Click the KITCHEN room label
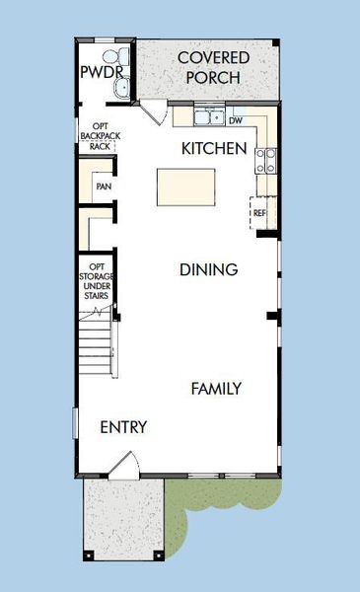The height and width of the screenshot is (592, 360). pos(214,149)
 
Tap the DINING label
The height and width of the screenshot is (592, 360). pos(208,269)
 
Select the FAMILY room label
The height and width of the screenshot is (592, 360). pos(216,389)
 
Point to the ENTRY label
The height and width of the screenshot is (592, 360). pos(124,427)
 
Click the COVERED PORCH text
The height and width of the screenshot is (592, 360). pos(213,68)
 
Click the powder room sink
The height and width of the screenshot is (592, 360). pos(121,89)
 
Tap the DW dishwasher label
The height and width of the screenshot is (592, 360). pos(235,120)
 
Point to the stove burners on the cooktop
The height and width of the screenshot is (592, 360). pos(265,159)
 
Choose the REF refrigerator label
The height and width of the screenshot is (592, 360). pos(259,212)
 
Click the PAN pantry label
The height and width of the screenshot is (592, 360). pos(103,185)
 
